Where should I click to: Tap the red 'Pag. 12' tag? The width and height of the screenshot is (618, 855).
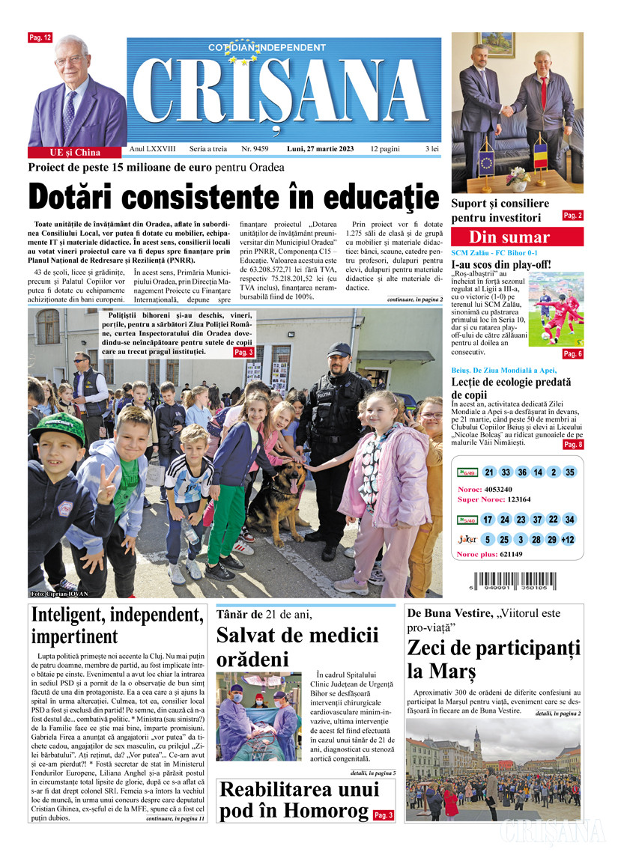click(x=40, y=37)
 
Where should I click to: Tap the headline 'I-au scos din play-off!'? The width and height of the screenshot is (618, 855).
click(x=500, y=264)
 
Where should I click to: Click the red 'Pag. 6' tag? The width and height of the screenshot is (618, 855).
click(x=572, y=353)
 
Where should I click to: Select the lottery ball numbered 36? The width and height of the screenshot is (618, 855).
click(x=522, y=472)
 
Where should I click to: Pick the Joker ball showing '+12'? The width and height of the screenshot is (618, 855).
click(x=567, y=540)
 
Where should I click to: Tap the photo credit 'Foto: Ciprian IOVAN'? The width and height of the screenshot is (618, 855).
click(x=60, y=594)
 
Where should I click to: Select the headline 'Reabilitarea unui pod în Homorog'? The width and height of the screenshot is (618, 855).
click(x=294, y=801)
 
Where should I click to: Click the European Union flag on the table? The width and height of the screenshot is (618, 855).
click(x=485, y=162)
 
